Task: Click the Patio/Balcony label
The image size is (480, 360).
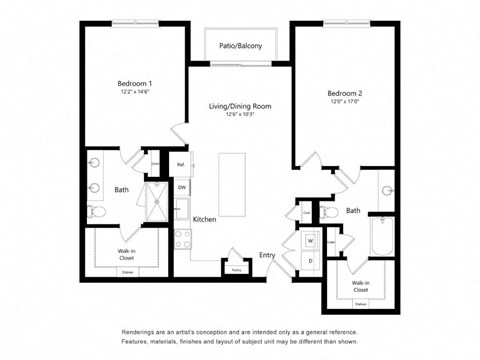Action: tap(240, 45)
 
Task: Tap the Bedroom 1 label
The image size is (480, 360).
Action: tap(135, 83)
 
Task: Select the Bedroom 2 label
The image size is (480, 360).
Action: tap(343, 93)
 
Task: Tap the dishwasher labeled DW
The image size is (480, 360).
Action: tap(182, 187)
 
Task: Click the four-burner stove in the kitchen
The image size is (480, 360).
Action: tap(183, 239)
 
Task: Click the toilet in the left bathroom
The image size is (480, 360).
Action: tap(97, 211)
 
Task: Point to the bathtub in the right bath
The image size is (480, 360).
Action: tap(384, 239)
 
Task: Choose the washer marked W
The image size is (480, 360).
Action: tap(310, 241)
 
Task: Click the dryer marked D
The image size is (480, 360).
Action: tap(310, 261)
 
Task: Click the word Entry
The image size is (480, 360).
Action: tap(268, 256)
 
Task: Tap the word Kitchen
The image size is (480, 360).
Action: tap(205, 219)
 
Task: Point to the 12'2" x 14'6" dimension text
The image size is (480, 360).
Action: tap(135, 92)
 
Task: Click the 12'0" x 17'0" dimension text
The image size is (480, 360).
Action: tap(343, 102)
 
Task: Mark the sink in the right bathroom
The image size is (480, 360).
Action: tap(388, 190)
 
